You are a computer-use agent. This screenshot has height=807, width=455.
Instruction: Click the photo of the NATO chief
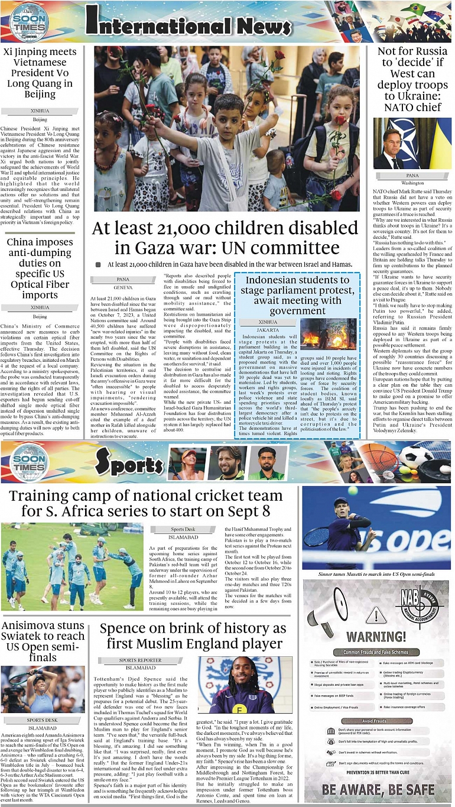tap(412, 144)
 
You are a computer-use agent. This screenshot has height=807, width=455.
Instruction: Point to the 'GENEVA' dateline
tap(123, 287)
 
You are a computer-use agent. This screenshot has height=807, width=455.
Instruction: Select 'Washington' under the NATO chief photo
tap(412, 183)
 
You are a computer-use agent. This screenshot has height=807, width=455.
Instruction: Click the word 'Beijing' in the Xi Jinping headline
tap(40, 95)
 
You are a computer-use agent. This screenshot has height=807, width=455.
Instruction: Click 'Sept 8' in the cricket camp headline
tap(245, 511)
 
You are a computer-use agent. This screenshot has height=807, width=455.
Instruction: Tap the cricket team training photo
tap(71, 567)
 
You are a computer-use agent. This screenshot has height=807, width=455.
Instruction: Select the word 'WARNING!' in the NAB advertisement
tap(376, 637)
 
